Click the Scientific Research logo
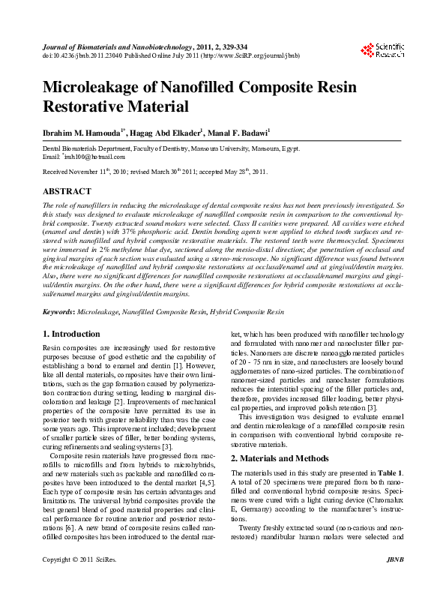(383, 50)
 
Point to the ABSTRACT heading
(67, 192)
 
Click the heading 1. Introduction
(71, 334)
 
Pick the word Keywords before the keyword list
(58, 310)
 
